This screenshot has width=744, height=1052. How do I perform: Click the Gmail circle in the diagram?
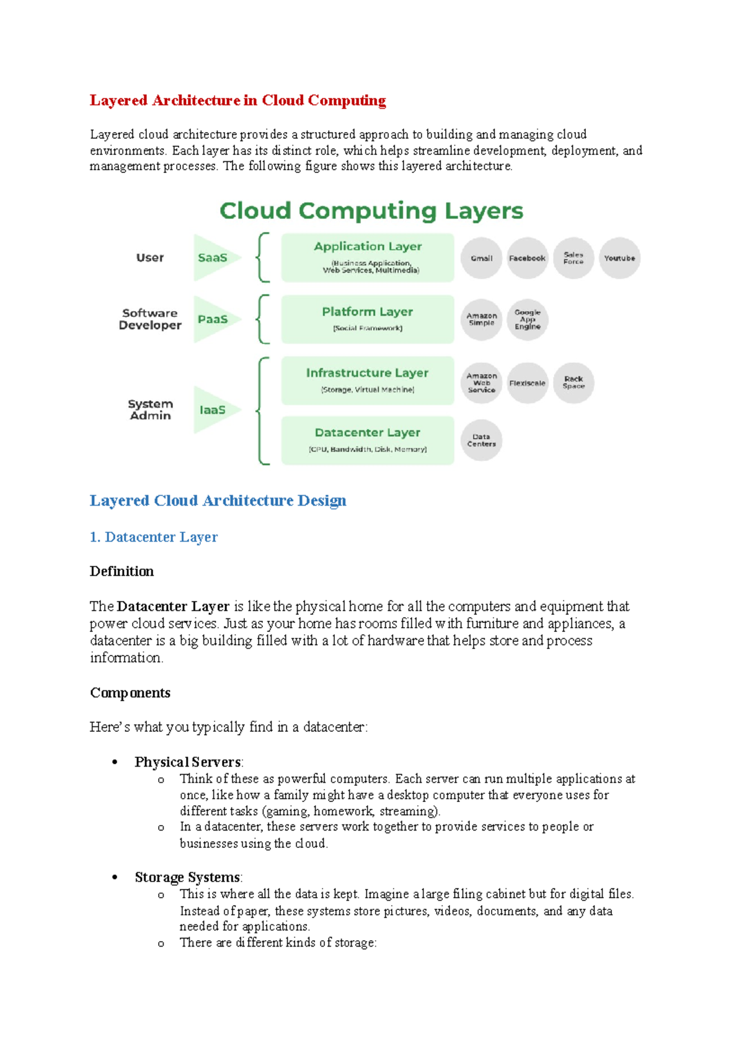coord(481,258)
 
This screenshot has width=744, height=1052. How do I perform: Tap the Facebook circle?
coord(527,258)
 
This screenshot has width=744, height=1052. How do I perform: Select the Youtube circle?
coord(619,258)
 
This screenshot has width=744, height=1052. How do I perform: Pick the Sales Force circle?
coord(573,258)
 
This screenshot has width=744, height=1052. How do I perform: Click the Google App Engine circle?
coord(527,319)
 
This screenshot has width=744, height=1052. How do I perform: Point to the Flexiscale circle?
coord(527,383)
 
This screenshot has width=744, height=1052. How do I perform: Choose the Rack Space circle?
coord(573,383)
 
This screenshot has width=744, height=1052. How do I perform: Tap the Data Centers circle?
coord(481,440)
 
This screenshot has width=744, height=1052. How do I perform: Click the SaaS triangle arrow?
coord(215,257)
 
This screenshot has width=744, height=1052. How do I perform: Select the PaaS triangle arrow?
coord(215,319)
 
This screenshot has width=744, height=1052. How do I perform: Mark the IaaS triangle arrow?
coord(215,409)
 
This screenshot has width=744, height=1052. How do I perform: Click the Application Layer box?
coord(368,257)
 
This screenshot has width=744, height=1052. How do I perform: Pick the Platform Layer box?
coord(368,319)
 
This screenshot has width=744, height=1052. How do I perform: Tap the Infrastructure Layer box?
coord(368,380)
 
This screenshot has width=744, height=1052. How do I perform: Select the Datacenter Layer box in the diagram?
coord(368,440)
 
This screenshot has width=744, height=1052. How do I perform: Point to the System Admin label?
coord(150,409)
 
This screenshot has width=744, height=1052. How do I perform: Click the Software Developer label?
coord(150,319)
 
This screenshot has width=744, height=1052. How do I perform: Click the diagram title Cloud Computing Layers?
coord(371,211)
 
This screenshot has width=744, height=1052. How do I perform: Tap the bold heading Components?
coord(130,693)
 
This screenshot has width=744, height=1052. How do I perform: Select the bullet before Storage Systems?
coord(115,878)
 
